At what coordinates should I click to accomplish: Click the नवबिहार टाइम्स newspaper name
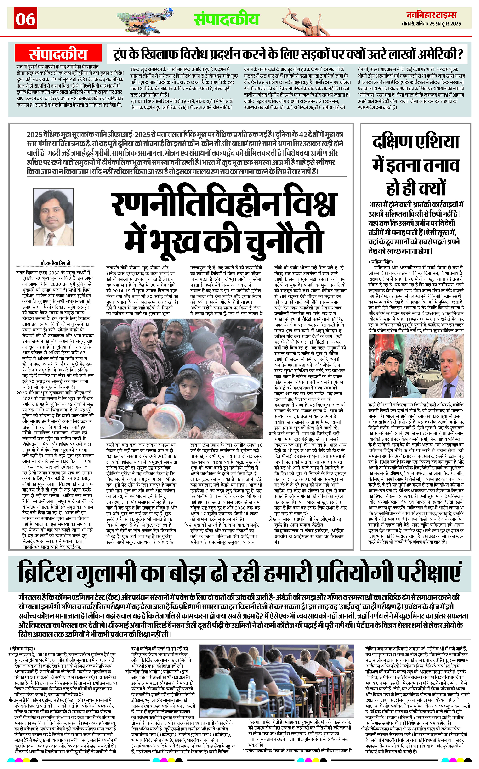(x=432, y=15)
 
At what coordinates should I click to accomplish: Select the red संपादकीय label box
(x=58, y=54)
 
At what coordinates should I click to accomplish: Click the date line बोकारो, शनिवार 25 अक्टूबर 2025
(x=432, y=24)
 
